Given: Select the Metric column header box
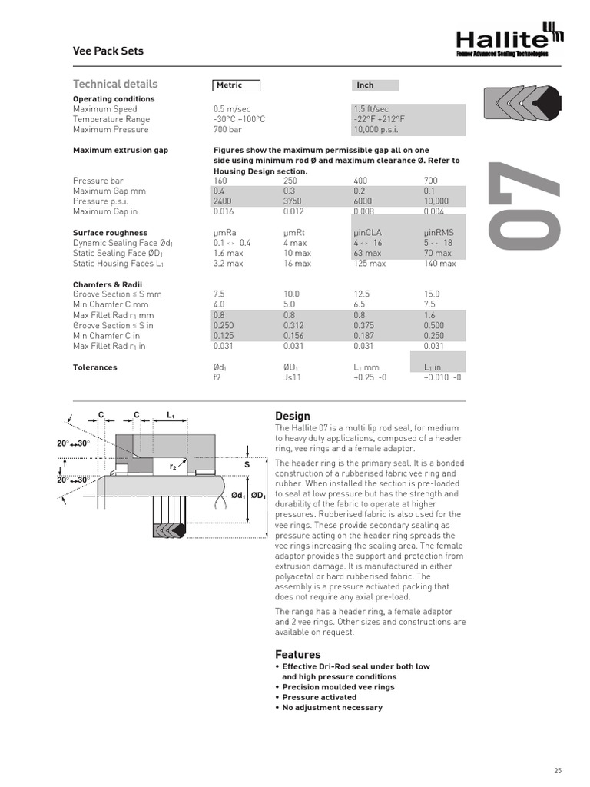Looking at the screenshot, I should click(x=237, y=85).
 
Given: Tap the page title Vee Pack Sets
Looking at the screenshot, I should click(x=108, y=51).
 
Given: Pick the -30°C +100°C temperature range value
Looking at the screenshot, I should click(x=239, y=119).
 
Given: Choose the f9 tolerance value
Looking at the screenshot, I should click(x=218, y=378).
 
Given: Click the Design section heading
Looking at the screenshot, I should click(x=292, y=416).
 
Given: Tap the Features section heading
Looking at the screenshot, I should click(x=297, y=654).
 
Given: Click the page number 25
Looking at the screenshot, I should click(x=557, y=771).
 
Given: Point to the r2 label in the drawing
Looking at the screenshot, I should click(x=174, y=467).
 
